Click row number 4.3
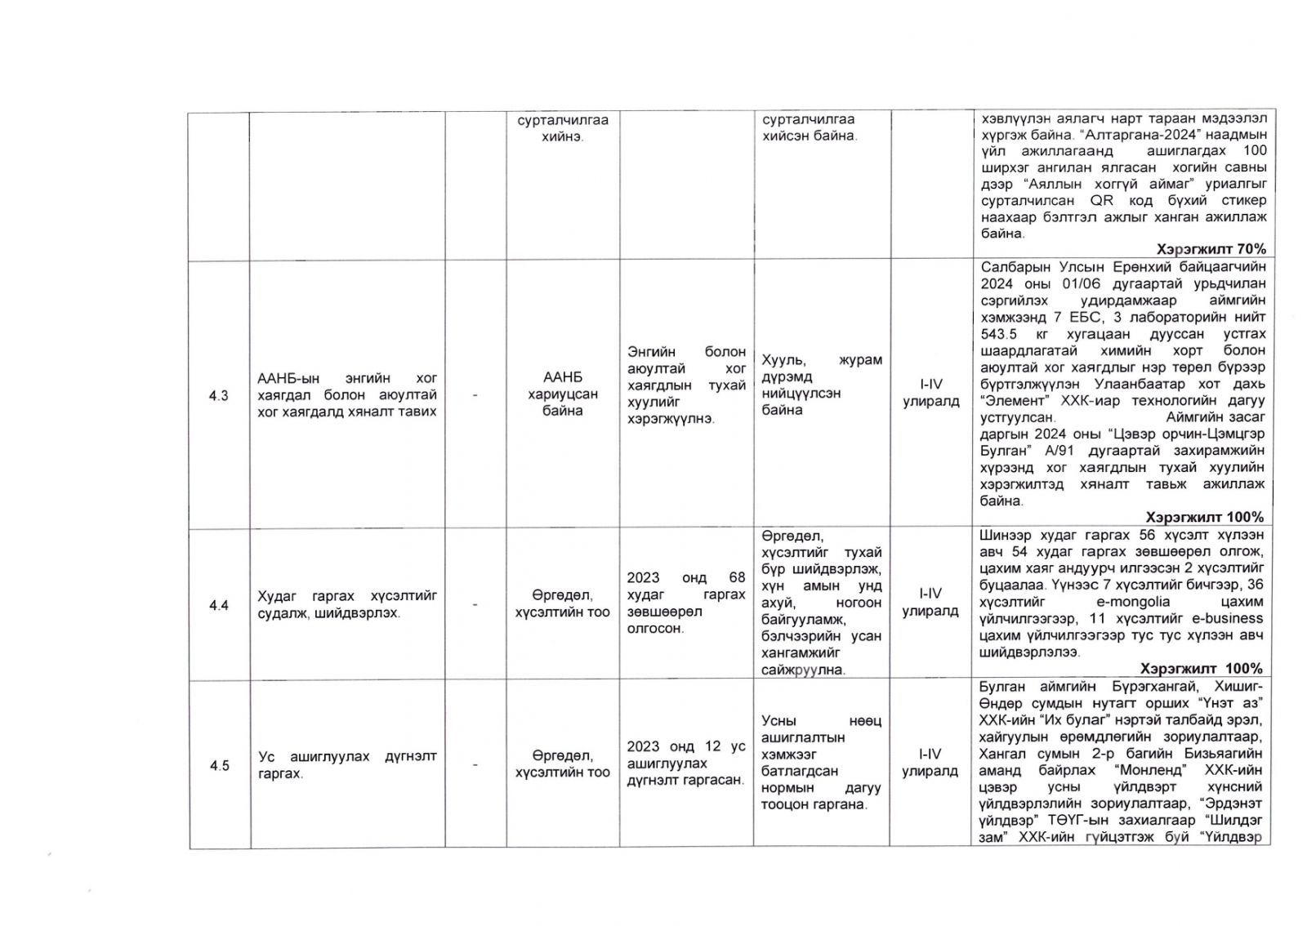pyautogui.click(x=218, y=395)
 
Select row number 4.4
pyautogui.click(x=218, y=605)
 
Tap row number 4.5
pyautogui.click(x=219, y=765)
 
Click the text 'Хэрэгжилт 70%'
pyautogui.click(x=1211, y=249)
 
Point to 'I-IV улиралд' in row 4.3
pyautogui.click(x=930, y=393)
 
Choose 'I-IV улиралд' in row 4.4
pyautogui.click(x=930, y=603)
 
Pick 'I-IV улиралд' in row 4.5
pyautogui.click(x=930, y=763)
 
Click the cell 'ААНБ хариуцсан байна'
pyautogui.click(x=563, y=394)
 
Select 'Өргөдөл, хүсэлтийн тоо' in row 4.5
pyautogui.click(x=563, y=764)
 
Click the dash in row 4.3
pyautogui.click(x=475, y=395)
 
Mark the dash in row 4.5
pyautogui.click(x=475, y=765)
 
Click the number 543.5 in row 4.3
pyautogui.click(x=1001, y=334)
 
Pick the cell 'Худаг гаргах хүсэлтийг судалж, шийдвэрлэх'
pyautogui.click(x=347, y=604)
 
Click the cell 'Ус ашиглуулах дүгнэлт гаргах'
pyautogui.click(x=347, y=764)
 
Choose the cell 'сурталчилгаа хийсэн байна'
pyautogui.click(x=810, y=128)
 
